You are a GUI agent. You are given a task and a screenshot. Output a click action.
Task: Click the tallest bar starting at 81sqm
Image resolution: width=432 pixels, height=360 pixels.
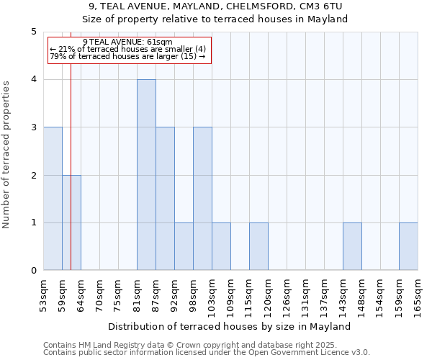pos(146,175)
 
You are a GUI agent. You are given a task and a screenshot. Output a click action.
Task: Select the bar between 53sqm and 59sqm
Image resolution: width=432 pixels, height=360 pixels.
pos(53,199)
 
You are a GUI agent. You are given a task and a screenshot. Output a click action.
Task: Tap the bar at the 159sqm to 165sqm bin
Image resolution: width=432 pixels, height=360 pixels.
pos(408,246)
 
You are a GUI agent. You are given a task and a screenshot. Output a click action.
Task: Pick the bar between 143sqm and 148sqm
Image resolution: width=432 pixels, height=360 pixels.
pos(352,246)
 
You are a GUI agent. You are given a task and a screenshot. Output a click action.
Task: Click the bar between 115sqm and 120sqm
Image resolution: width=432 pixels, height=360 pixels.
pos(258,246)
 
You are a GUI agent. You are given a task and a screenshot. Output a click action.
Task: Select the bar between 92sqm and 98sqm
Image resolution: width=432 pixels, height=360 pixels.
pos(184,246)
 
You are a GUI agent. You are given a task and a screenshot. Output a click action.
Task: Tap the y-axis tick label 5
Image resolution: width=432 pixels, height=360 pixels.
pos(34,32)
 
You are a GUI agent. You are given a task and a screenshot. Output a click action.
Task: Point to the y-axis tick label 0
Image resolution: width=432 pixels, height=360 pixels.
pos(34,271)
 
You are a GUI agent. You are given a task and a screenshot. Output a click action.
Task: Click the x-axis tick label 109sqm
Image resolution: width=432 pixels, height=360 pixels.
pos(231,295)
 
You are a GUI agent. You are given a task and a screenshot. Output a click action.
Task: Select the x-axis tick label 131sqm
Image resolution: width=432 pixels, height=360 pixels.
pos(306,295)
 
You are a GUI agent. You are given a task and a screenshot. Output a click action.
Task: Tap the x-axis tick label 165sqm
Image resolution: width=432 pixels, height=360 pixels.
pos(418,295)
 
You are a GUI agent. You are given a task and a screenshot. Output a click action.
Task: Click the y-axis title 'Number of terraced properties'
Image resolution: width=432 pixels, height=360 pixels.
pos(7,155)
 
